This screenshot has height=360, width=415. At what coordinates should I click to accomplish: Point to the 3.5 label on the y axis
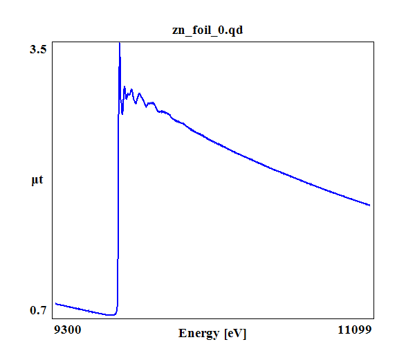pos(39,49)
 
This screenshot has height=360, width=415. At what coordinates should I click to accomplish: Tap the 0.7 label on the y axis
pos(39,309)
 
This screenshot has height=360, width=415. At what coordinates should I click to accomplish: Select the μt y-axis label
pos(37,181)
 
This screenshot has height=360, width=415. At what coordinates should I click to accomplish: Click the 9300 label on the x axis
pos(67,330)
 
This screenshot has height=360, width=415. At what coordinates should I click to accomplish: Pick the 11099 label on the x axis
pos(356,330)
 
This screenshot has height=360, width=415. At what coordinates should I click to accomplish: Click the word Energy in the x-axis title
pos(200,333)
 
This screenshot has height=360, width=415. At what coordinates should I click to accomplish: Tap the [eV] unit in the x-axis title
pos(235,333)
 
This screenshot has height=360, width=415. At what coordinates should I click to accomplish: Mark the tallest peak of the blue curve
pos(120,43)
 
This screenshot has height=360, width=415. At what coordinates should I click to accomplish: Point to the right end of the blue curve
pos(370,205)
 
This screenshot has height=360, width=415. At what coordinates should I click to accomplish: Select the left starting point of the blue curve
pos(55,303)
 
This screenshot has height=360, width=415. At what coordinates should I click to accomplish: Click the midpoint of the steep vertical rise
pos(118,180)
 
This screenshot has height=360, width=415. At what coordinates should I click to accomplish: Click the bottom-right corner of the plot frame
pos(374,318)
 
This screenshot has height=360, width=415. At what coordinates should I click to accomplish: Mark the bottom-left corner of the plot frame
pos(54,318)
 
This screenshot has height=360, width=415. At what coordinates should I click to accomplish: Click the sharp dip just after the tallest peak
pos(122,114)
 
